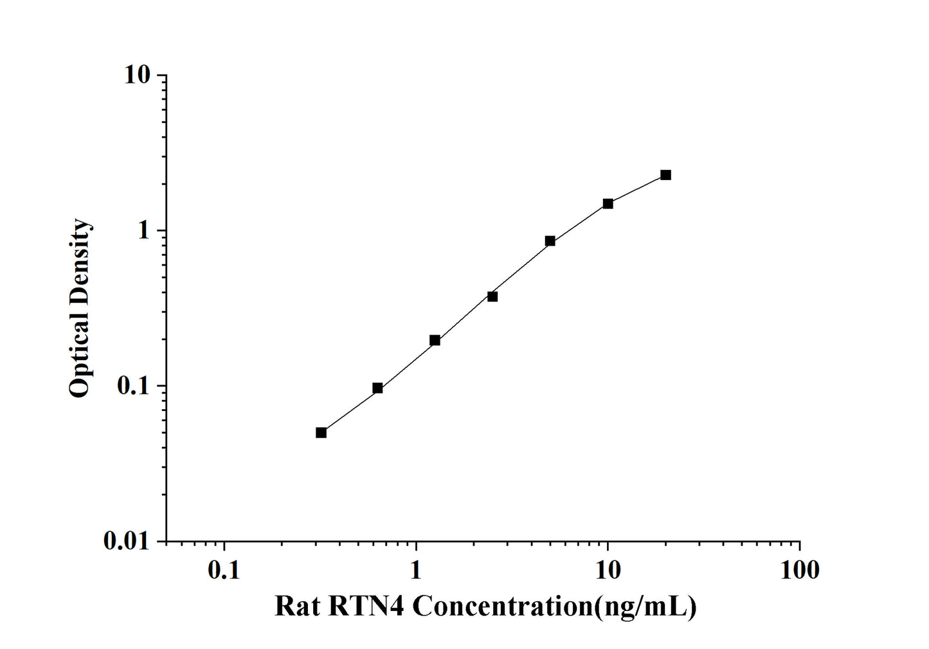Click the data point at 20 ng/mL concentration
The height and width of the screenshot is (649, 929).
point(665,175)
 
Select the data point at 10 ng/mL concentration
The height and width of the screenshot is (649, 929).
point(608,204)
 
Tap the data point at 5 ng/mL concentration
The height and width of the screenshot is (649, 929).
point(550,241)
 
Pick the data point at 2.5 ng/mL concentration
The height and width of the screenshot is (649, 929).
point(492,297)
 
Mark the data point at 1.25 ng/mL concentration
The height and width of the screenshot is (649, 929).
point(435,340)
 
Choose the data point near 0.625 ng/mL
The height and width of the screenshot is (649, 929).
point(377,388)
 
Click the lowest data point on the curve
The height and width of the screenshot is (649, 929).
point(321,432)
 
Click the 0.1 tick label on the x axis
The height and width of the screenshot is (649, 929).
point(224,569)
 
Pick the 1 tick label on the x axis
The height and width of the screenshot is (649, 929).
point(416,569)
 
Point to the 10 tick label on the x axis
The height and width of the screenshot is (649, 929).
point(608,569)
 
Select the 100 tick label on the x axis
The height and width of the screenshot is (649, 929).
point(799,569)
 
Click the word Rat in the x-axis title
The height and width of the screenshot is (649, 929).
point(296,606)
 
